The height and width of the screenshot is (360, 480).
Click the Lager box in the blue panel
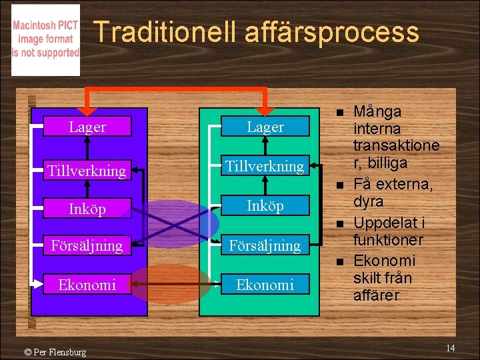pyautogui.click(x=87, y=127)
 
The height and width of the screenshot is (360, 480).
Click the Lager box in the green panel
pyautogui.click(x=265, y=127)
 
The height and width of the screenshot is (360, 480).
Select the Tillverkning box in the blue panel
pyautogui.click(x=87, y=171)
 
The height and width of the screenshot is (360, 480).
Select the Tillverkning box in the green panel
pyautogui.click(x=265, y=165)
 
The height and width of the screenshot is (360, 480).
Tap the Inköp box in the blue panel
pyautogui.click(x=87, y=209)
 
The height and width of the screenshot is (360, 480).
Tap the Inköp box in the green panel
pyautogui.click(x=265, y=205)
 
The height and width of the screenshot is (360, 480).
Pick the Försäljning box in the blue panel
pyautogui.click(x=87, y=245)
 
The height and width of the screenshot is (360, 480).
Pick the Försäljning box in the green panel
pyautogui.click(x=265, y=245)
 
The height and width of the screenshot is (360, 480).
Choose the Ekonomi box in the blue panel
pyautogui.click(x=87, y=285)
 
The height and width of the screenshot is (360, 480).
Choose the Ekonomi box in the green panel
pyautogui.click(x=265, y=285)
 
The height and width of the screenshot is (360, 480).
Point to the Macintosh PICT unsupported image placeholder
pyautogui.click(x=45, y=40)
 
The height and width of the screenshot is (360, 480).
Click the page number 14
pyautogui.click(x=451, y=348)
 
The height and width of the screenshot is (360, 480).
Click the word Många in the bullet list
pyautogui.click(x=377, y=111)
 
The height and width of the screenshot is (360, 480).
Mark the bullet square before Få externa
pyautogui.click(x=339, y=185)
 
